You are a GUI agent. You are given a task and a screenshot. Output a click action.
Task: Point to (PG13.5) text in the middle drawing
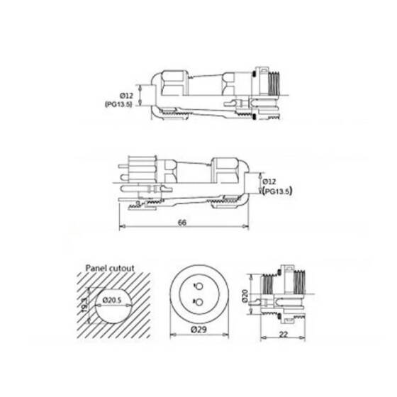(x=279, y=191)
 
